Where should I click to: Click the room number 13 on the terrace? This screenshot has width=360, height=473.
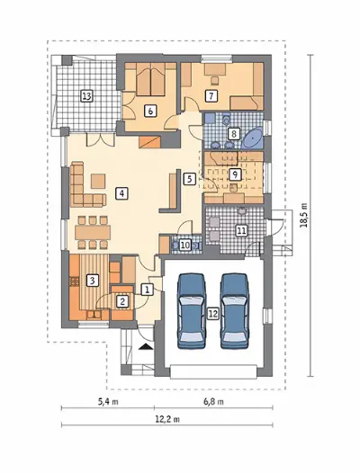86,96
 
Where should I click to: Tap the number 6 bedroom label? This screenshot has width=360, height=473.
150,111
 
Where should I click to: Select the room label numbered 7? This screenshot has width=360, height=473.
211,96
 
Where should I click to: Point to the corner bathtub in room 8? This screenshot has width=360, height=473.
253,138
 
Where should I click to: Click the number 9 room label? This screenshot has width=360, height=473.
235,174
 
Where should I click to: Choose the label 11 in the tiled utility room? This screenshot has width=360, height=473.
241,231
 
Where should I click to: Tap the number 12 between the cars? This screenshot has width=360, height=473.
213,314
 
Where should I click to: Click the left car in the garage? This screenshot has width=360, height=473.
192,311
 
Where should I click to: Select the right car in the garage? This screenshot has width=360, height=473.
234,311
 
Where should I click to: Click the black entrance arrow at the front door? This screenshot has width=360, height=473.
146,346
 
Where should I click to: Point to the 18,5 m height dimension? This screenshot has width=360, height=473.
304,215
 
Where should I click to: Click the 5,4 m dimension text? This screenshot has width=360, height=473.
108,402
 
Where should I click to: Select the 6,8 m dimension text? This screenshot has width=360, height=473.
214,402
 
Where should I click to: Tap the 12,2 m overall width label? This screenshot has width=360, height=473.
168,419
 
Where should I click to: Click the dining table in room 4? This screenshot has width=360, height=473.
93,233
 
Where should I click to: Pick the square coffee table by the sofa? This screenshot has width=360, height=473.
98,181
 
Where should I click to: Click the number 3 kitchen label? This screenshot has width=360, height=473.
93,281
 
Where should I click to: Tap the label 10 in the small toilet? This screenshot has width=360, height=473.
185,245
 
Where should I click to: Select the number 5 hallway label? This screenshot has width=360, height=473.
189,179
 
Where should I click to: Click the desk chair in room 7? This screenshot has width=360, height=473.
215,80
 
